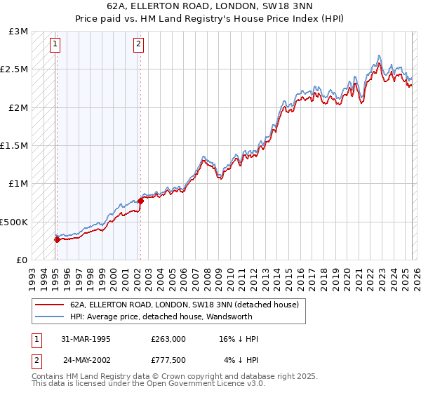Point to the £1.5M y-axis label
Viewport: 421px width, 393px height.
(x=14, y=146)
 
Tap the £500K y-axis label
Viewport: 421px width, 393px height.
(x=14, y=222)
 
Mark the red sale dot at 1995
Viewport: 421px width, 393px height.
(x=57, y=239)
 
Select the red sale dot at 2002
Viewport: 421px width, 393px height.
(x=140, y=201)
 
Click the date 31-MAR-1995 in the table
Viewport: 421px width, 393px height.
(x=87, y=339)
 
